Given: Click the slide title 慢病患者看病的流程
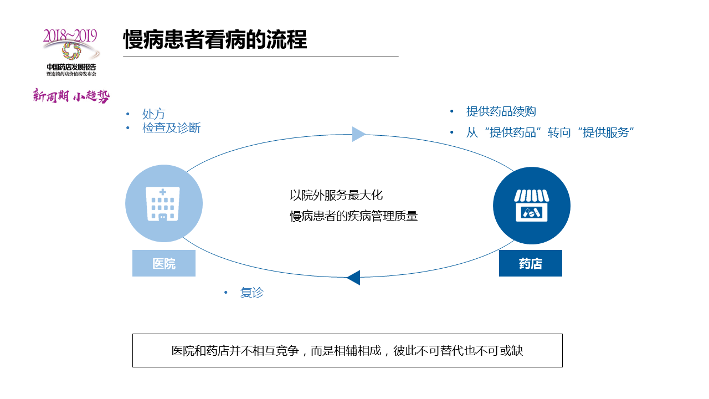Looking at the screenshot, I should click(215, 40).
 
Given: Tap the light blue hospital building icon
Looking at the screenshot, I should click(163, 203).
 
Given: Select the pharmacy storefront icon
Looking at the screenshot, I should click(531, 206).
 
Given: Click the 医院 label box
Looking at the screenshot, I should click(164, 263).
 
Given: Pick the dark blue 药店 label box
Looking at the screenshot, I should click(530, 263).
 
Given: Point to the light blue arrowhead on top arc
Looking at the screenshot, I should click(359, 134).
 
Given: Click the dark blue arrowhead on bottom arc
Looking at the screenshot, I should click(353, 277).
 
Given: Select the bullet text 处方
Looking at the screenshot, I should click(153, 114).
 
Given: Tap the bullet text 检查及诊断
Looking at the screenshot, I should click(171, 128).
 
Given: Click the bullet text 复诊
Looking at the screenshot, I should click(252, 293).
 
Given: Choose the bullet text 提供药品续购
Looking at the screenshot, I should click(501, 111).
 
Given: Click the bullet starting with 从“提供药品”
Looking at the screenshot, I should click(549, 133).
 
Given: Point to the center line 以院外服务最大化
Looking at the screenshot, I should click(336, 195).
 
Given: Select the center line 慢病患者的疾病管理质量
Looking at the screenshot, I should click(354, 216).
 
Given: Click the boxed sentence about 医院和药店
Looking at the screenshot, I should click(347, 351).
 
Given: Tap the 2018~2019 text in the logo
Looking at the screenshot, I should click(70, 36).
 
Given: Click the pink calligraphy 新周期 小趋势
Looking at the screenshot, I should click(71, 96).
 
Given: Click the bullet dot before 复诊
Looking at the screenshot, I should click(226, 293).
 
